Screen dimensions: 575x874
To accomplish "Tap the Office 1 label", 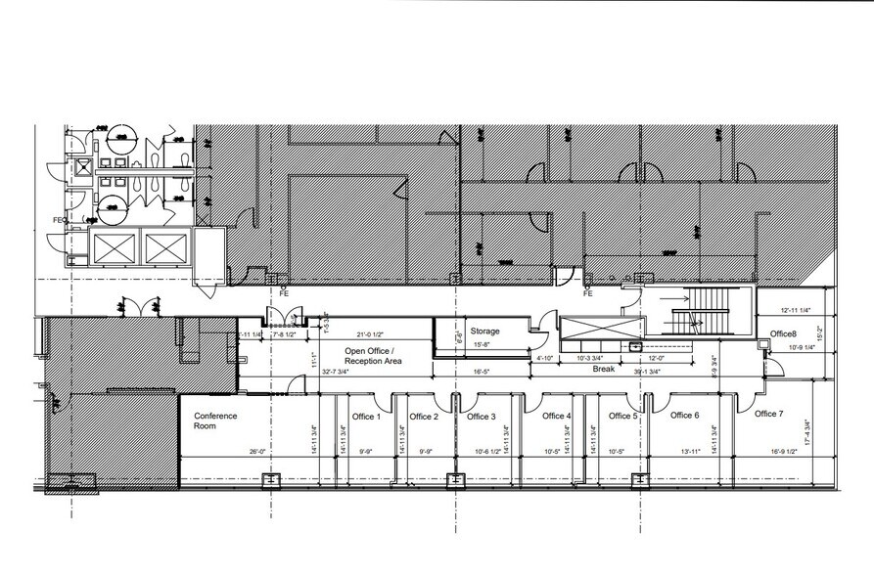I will [365, 417].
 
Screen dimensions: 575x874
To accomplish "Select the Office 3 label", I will [481, 417].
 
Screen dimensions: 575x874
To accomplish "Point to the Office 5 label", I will [622, 417].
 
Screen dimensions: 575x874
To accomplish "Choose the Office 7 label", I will [769, 414].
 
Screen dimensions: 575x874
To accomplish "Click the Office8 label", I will [783, 334].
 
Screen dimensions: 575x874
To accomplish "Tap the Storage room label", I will [484, 331].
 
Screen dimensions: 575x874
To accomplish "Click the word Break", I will [602, 371].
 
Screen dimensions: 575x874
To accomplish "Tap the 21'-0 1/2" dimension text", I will [373, 333].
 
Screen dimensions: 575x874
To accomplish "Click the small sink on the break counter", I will [635, 345].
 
